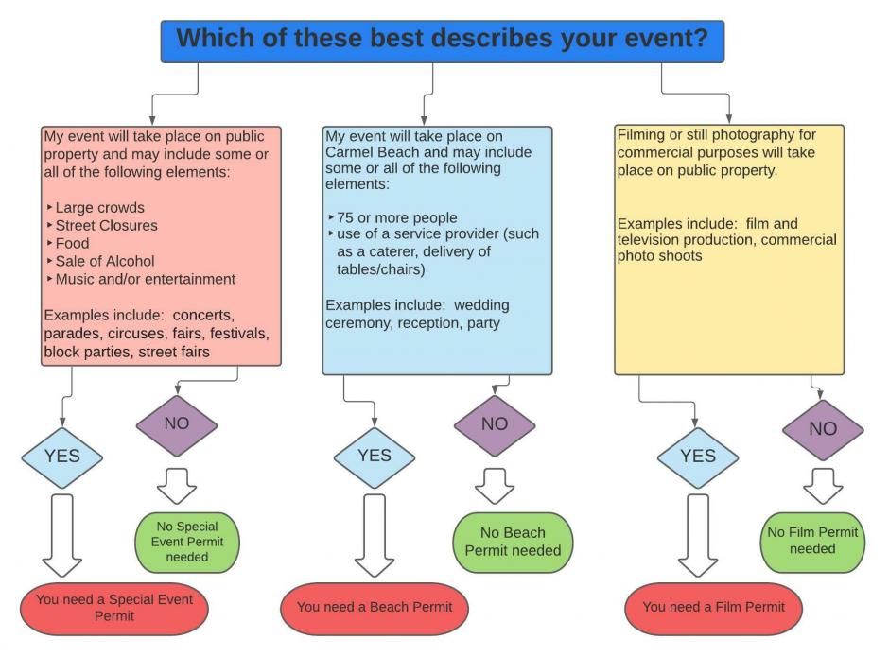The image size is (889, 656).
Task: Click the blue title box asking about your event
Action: tap(443, 42)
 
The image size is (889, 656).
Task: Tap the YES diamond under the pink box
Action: tap(61, 457)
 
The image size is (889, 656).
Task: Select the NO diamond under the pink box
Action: tap(177, 425)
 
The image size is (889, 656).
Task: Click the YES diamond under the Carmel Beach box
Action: tap(375, 457)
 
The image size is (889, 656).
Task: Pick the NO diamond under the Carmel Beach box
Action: tap(495, 425)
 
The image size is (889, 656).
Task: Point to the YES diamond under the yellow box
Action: tap(698, 457)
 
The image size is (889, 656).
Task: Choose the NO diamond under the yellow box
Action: tap(823, 430)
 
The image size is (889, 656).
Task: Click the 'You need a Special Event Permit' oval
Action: tap(113, 609)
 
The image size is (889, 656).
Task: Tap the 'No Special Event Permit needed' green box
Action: tap(187, 543)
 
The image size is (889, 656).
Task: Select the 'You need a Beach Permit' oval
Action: tap(375, 609)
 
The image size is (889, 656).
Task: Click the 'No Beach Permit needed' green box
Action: tap(514, 543)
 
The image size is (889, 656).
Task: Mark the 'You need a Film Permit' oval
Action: tap(713, 609)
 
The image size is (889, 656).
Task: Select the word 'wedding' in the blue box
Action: tap(481, 306)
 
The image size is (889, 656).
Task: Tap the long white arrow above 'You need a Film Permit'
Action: tap(698, 535)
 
